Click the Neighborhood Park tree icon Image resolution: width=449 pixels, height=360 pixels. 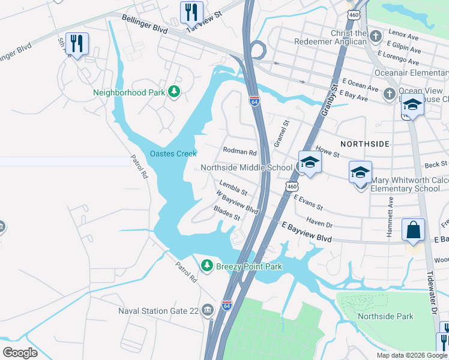pos(174,92)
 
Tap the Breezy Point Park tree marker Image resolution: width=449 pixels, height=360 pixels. pos(207,265)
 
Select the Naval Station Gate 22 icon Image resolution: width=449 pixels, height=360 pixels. pos(208,310)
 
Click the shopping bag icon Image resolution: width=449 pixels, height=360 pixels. pos(414,230)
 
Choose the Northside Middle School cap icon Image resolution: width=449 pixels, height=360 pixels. pos(310,163)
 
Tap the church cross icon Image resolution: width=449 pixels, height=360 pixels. pos(375,36)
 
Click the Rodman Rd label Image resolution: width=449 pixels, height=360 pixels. pos(240,152)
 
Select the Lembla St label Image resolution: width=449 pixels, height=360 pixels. pos(234,188)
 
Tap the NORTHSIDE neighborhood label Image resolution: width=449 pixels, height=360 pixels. pos(365,144)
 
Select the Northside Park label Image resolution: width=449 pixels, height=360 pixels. pos(385,316)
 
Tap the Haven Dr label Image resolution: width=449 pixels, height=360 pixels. pos(319,222)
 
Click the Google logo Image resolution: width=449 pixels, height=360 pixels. pos(20,352)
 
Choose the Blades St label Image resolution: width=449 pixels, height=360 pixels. pos(227,213)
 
